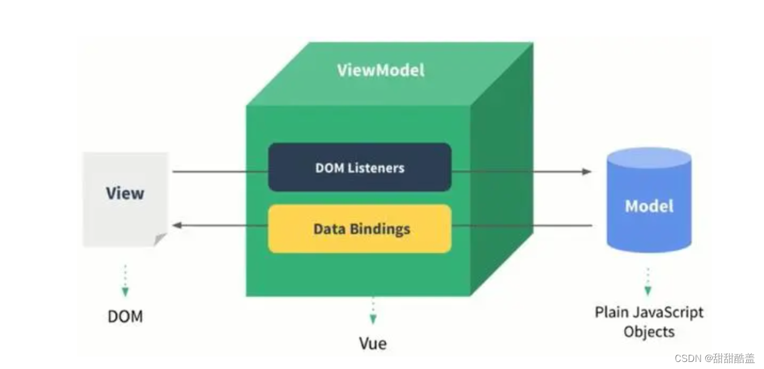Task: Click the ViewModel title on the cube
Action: point(380,70)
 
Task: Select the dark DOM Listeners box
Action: point(360,167)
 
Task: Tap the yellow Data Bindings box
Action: point(360,229)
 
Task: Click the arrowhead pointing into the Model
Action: point(587,171)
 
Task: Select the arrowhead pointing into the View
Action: point(176,225)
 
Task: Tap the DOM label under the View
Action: point(125,317)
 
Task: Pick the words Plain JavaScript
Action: point(649,312)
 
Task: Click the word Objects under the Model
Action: point(649,331)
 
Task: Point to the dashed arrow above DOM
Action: point(125,280)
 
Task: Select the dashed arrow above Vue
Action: point(373,311)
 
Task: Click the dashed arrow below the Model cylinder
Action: point(648,282)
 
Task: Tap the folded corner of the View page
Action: point(160,239)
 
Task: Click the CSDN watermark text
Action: point(714,358)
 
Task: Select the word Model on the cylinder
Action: point(649,206)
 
